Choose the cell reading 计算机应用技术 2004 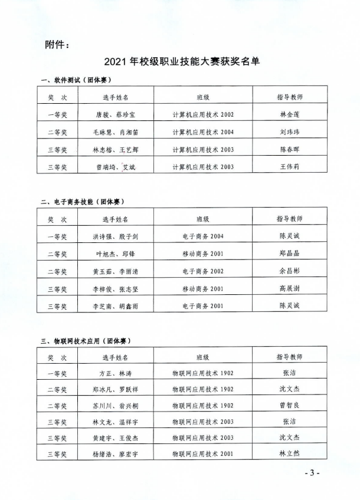[x=203, y=132]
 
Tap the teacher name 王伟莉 [x=290, y=167]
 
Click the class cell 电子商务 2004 [x=203, y=236]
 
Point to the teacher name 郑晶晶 [x=290, y=254]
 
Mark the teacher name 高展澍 [x=290, y=289]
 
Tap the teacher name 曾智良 [x=290, y=406]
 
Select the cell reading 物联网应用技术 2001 [x=203, y=454]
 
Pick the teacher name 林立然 [x=290, y=454]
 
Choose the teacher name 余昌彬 [x=290, y=271]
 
